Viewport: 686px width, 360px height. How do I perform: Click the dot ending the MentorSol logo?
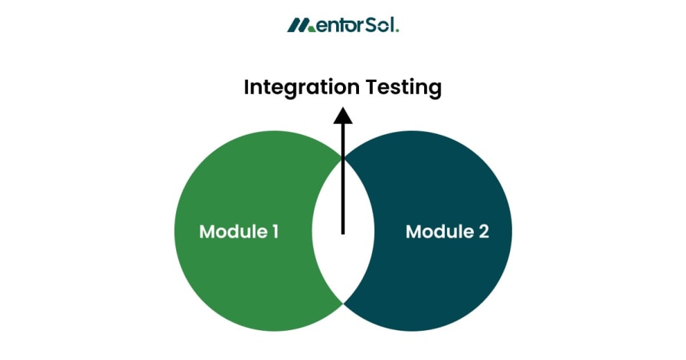[x=397, y=30]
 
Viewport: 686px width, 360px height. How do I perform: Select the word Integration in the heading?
[x=301, y=88]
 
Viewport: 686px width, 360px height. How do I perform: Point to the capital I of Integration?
[x=247, y=87]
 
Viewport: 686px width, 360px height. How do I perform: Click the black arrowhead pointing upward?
[x=343, y=115]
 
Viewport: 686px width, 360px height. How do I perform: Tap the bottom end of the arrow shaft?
[x=343, y=232]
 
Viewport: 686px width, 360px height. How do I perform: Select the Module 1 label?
[x=238, y=231]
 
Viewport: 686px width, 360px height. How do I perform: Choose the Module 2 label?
[x=446, y=231]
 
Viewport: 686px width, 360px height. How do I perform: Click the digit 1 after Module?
[x=274, y=231]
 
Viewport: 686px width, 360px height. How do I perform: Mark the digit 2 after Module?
[x=483, y=231]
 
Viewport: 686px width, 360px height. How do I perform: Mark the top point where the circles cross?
[x=343, y=158]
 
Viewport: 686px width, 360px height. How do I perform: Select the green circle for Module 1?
[x=230, y=184]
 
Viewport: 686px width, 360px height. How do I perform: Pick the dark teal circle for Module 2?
[x=452, y=184]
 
